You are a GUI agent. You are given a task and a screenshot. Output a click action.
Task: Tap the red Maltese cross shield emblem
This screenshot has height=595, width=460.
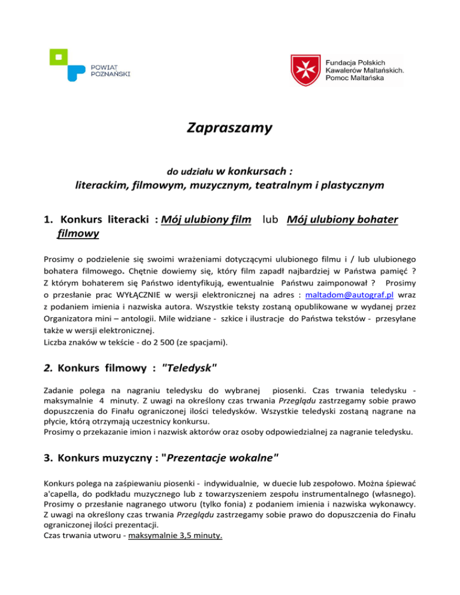(x=307, y=71)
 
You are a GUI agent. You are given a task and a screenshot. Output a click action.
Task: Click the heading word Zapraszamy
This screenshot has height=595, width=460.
(x=230, y=127)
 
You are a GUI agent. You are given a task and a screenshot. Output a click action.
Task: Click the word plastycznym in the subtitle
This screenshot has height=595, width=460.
(x=350, y=186)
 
